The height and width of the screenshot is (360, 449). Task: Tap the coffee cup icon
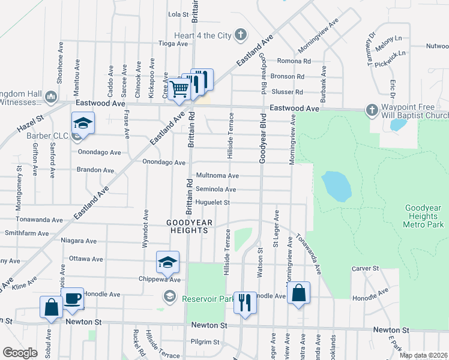point(73,299)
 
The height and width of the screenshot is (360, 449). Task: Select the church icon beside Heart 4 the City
point(240,35)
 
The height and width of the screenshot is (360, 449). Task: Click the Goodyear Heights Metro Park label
point(423,215)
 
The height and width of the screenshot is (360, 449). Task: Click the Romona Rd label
point(294,61)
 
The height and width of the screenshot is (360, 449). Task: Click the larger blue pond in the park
point(336,187)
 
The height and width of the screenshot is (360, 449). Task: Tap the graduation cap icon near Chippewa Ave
point(167,262)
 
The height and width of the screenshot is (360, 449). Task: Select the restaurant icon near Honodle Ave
point(244,302)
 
